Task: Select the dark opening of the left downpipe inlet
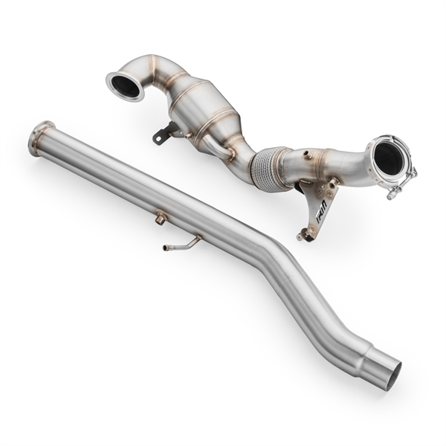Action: [x=126, y=86]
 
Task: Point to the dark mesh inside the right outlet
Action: [x=389, y=157]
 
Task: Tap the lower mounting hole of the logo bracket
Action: [x=303, y=236]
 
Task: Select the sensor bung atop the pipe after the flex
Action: [x=307, y=155]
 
